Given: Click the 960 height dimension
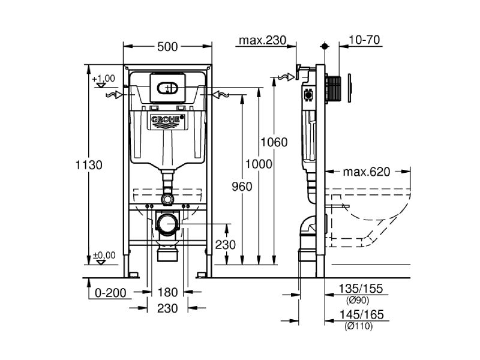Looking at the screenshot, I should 241,186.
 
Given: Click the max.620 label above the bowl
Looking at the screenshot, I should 366,172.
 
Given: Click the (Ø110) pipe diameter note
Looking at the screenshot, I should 358,326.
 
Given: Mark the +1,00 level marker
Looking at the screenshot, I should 103,79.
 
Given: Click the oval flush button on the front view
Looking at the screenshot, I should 168,89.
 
